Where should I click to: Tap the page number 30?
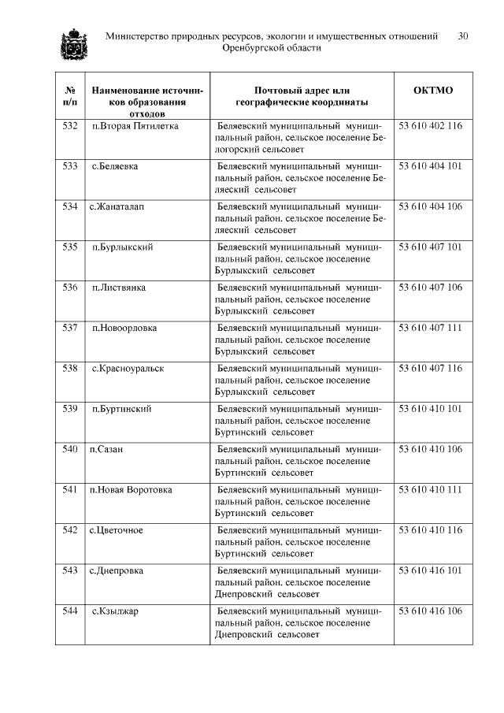click(x=463, y=36)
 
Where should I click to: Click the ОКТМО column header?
click(x=433, y=91)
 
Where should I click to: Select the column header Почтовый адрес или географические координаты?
click(x=302, y=96)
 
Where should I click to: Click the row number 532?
click(x=70, y=126)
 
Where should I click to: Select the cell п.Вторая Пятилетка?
click(x=135, y=126)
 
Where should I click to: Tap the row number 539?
click(x=70, y=409)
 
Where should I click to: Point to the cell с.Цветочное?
click(x=117, y=530)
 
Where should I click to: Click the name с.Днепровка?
click(x=117, y=570)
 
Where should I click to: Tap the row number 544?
click(x=70, y=611)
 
